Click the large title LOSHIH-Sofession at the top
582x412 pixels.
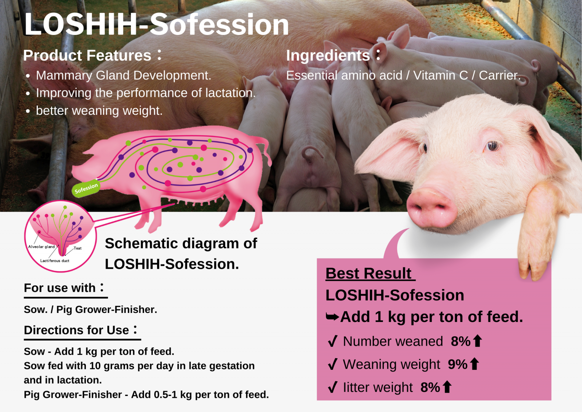click(x=156, y=24)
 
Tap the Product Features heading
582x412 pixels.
click(x=92, y=55)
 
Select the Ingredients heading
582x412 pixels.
click(x=333, y=55)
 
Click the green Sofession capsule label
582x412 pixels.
click(x=86, y=188)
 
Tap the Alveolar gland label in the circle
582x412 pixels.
click(x=41, y=247)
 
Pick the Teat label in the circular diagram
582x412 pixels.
click(x=77, y=248)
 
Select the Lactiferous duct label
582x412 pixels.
click(x=55, y=261)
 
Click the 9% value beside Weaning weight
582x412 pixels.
click(x=458, y=364)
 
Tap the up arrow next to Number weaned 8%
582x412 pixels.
click(x=478, y=341)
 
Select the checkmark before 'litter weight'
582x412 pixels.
click(x=333, y=387)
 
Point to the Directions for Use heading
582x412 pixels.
click(x=80, y=330)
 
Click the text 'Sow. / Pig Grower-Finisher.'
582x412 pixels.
click(x=91, y=310)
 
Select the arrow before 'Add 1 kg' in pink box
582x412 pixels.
click(x=332, y=317)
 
